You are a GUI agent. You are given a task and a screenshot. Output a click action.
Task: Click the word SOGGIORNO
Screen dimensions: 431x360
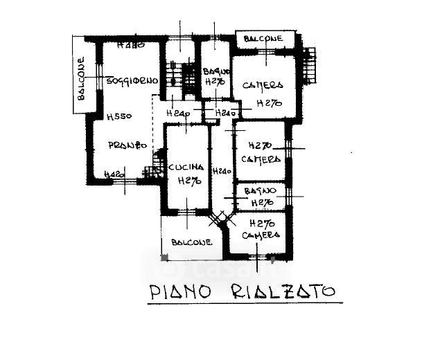click(x=132, y=81)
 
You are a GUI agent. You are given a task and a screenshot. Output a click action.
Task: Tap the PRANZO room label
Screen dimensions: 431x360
click(x=127, y=145)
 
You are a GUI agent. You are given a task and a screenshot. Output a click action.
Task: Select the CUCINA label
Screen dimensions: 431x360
click(x=186, y=168)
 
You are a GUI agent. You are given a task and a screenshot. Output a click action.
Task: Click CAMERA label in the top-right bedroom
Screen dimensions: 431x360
click(x=263, y=86)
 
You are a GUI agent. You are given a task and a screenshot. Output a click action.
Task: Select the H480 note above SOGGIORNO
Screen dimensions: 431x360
click(x=130, y=46)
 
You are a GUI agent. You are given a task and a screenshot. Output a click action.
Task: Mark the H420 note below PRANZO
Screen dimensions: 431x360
click(x=113, y=175)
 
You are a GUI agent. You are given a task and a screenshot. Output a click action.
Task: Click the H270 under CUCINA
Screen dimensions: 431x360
click(x=188, y=182)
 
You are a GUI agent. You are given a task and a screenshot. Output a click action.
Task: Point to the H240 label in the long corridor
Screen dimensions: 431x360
click(x=222, y=171)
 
